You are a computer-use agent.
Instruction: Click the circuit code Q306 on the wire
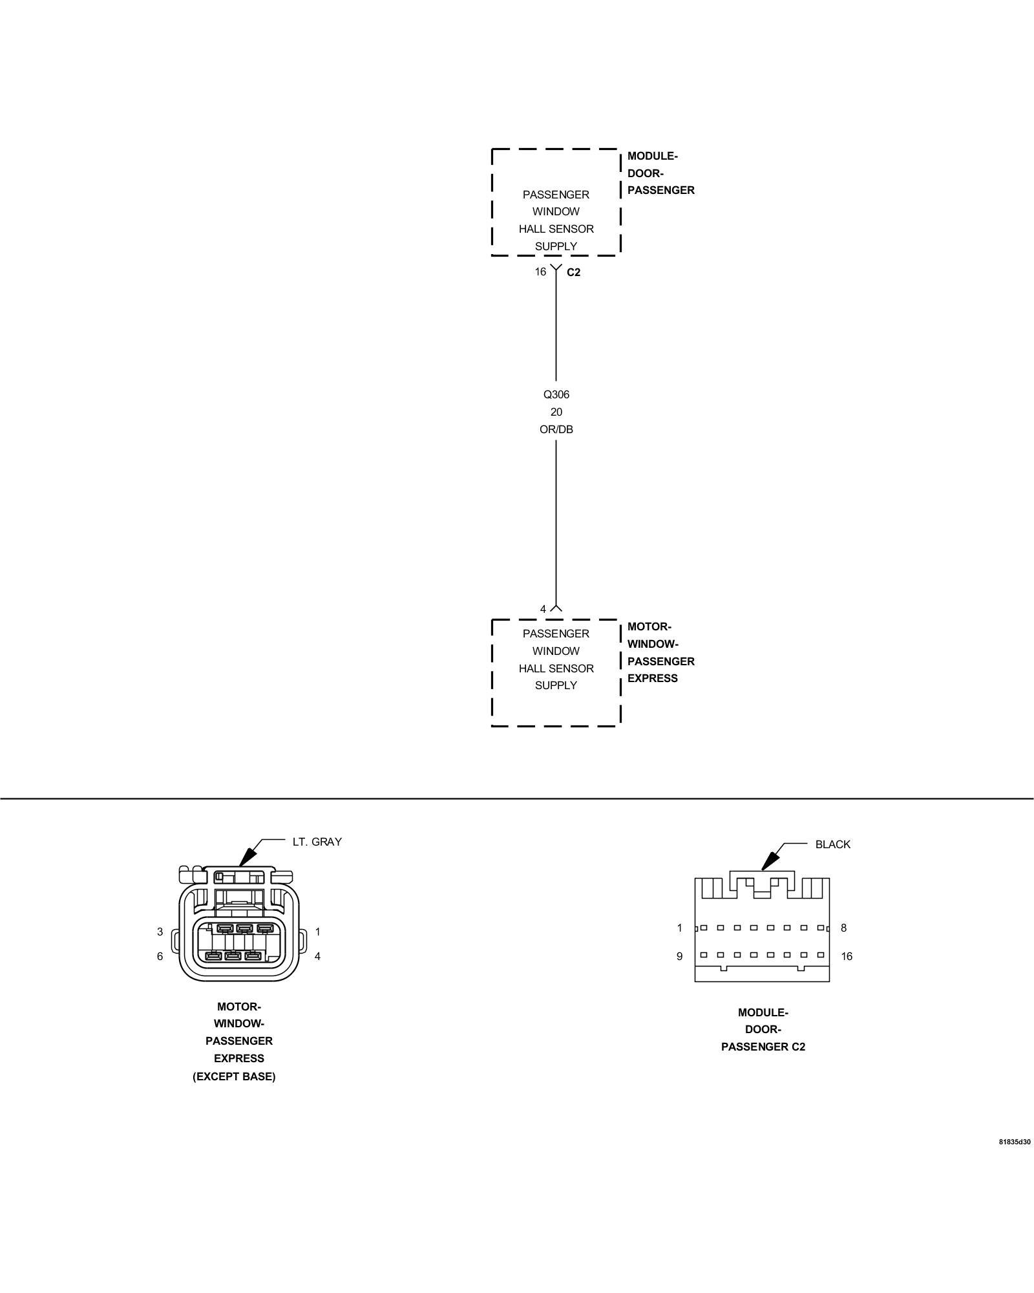(x=556, y=394)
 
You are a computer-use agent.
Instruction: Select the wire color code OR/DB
(x=556, y=429)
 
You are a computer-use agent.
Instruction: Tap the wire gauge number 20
(x=556, y=412)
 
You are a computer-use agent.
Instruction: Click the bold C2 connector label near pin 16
(x=573, y=273)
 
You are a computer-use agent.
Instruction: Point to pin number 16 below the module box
(x=540, y=272)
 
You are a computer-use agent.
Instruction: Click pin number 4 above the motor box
(x=543, y=609)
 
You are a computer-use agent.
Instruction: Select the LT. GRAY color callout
(x=317, y=842)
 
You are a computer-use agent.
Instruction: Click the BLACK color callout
(x=832, y=844)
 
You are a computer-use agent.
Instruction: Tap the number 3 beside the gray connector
(x=160, y=932)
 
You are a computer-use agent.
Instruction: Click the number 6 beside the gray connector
(x=160, y=956)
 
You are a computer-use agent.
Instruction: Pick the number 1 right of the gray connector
(x=317, y=932)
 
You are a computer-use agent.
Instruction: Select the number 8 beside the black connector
(x=843, y=928)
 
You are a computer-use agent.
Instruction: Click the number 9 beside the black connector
(x=679, y=956)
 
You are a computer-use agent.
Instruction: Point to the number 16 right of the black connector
(x=847, y=956)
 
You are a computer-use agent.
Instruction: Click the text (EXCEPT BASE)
(x=234, y=1076)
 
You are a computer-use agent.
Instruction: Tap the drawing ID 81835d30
(x=1015, y=1142)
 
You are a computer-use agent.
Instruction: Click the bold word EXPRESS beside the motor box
(x=652, y=678)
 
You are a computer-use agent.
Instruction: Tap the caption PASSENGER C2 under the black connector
(x=763, y=1047)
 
